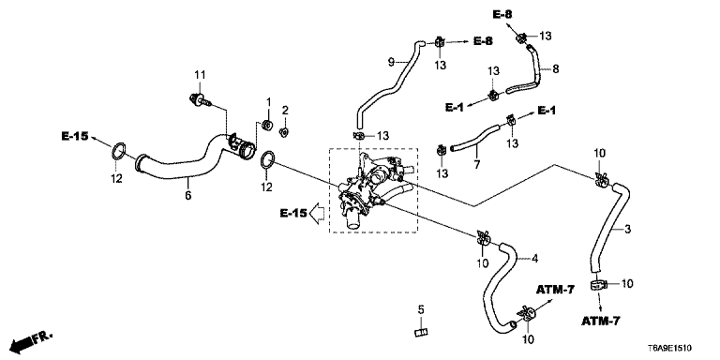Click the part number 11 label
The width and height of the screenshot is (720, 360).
(x=200, y=74)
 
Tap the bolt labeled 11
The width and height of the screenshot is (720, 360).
(x=201, y=98)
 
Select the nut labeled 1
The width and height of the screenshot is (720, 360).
(x=266, y=125)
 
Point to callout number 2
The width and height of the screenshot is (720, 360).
(x=285, y=111)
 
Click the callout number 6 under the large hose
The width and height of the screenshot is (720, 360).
(x=187, y=195)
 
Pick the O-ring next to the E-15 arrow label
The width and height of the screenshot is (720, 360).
(x=118, y=151)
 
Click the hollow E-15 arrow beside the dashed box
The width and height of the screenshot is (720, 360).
(x=317, y=213)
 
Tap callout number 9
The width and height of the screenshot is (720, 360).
(x=391, y=62)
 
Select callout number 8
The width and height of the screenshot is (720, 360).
(x=556, y=68)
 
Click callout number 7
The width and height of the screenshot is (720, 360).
(x=477, y=164)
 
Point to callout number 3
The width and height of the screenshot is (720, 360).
(x=628, y=229)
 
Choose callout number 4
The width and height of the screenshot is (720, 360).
(x=534, y=259)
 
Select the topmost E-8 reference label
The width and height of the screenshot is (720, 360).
(x=502, y=15)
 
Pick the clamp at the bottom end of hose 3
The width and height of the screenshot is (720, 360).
(x=597, y=285)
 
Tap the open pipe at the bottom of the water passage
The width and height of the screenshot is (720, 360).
(x=352, y=220)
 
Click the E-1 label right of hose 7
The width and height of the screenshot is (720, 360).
(x=547, y=111)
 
